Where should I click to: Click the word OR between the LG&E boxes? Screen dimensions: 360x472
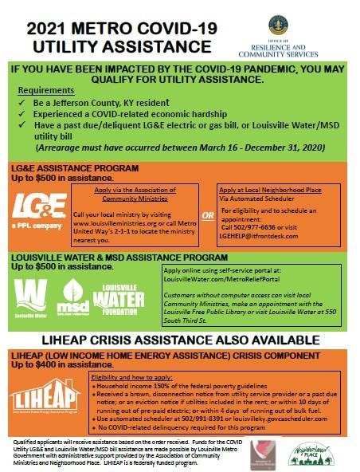click(207, 215)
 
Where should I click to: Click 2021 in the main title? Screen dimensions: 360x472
click(52, 29)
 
